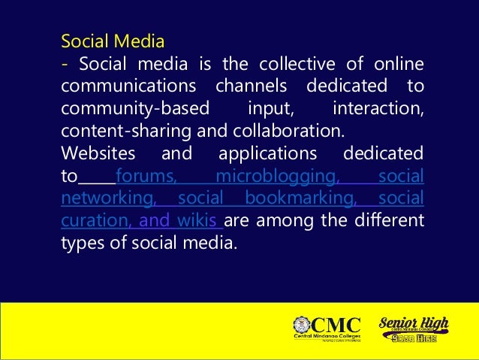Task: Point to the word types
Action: (83, 244)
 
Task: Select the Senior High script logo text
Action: (414, 324)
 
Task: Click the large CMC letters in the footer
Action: (336, 325)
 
